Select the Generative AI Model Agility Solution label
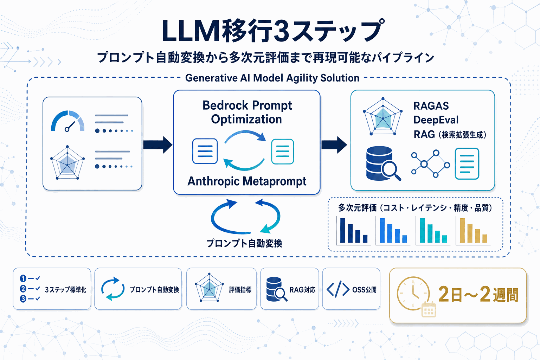tap(272, 78)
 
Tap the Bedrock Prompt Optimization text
tap(247, 112)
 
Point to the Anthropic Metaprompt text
tap(247, 181)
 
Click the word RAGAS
tap(431, 106)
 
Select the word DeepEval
tap(436, 120)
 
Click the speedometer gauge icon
tap(68, 122)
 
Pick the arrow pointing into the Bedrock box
tap(157, 144)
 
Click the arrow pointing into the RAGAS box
tap(334, 144)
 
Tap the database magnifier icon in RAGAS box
tap(382, 163)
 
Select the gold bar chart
tap(473, 231)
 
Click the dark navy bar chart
tap(353, 231)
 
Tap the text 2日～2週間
tap(478, 294)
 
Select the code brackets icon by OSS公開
tap(337, 289)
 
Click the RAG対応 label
tap(302, 290)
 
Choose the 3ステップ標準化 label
tap(65, 290)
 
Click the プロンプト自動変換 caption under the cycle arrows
tap(244, 243)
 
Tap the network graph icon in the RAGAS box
tap(430, 164)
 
